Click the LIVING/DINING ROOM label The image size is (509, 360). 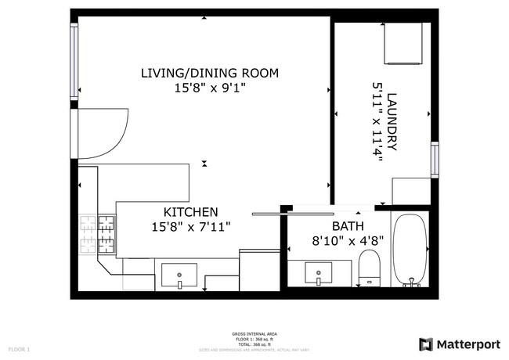209,74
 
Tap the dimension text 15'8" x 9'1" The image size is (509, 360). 209,88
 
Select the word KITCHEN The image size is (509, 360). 190,212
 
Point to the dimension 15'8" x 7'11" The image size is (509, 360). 190,227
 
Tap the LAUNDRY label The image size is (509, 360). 393,121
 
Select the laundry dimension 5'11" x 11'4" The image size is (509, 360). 377,121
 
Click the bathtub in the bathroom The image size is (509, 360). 410,250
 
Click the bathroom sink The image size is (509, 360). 319,275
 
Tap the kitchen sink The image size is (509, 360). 179,275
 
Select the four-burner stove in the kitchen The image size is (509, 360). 95,234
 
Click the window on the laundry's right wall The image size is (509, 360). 435,160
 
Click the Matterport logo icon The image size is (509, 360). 426,344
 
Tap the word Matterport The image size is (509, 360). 468,344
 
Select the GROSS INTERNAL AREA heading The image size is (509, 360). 254,334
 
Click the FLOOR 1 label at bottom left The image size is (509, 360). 19,348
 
